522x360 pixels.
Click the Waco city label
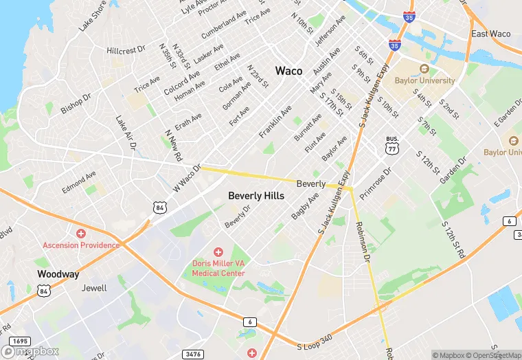click(x=288, y=71)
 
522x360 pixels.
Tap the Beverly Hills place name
click(x=256, y=196)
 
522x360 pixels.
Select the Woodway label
click(x=58, y=273)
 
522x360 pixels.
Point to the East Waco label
click(x=490, y=34)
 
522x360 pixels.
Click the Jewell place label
click(x=94, y=288)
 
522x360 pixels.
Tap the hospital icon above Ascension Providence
click(x=81, y=234)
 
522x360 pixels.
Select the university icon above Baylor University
click(x=424, y=69)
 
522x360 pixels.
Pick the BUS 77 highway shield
click(x=392, y=144)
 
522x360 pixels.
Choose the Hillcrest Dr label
click(x=126, y=50)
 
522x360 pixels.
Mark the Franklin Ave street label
click(x=275, y=121)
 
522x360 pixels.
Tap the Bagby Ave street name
click(x=305, y=206)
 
